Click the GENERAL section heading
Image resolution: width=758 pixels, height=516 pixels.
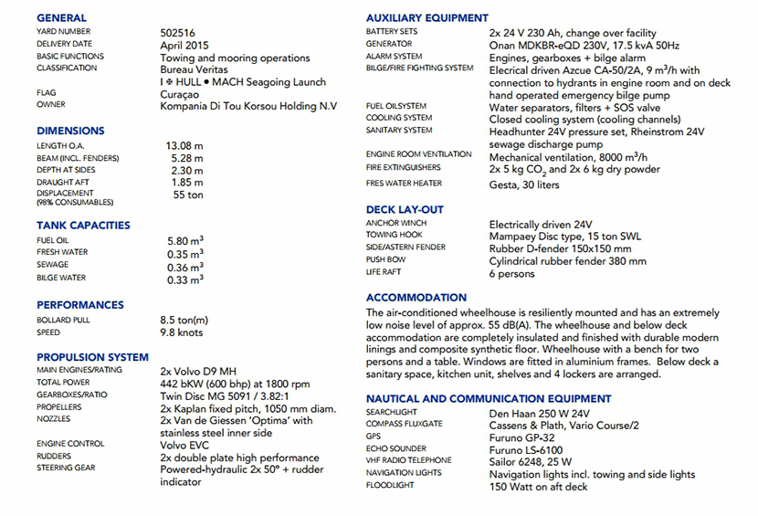tap(62, 17)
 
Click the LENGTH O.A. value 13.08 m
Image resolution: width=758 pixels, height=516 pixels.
tap(184, 145)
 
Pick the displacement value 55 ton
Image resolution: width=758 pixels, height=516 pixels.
tap(188, 195)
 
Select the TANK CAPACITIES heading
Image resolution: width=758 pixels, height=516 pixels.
tap(83, 225)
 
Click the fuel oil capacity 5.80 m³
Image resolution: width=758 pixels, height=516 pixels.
tap(184, 240)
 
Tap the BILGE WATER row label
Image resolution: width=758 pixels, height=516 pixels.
tap(61, 278)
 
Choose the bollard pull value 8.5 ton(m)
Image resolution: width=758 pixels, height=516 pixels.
tap(184, 321)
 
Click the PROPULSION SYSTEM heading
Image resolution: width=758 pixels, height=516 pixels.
tap(92, 357)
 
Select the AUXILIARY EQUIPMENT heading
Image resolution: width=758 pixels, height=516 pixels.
tap(426, 17)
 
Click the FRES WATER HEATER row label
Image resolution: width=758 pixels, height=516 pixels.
tap(404, 184)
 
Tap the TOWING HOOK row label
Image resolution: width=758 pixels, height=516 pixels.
tap(394, 236)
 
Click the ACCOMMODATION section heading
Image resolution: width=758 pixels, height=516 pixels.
tap(416, 298)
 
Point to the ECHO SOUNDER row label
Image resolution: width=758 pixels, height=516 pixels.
tap(395, 448)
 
